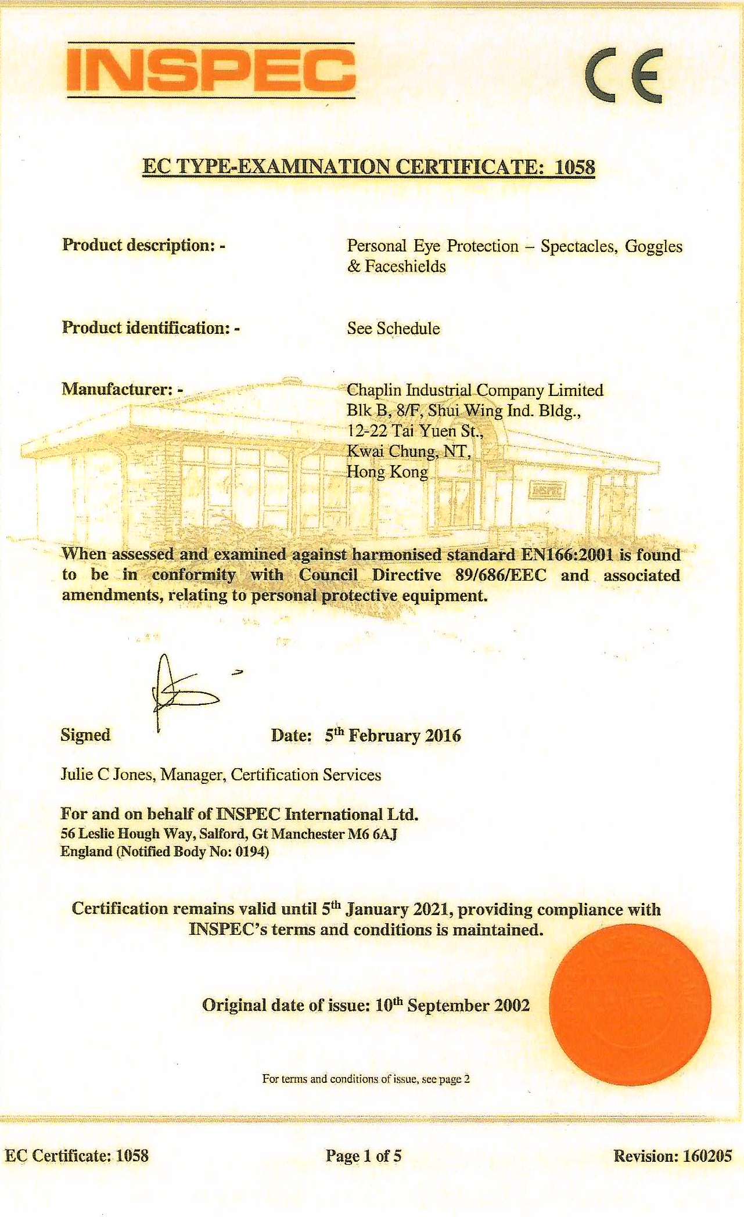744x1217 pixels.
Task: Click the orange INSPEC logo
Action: tap(211, 70)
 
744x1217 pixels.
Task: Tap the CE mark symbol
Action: tap(624, 75)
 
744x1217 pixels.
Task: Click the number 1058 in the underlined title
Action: tap(574, 167)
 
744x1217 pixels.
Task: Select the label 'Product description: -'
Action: tap(143, 245)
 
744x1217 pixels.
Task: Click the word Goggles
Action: tap(653, 246)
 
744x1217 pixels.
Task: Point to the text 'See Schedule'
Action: tap(393, 328)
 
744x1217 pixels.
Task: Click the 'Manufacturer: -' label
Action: tap(122, 388)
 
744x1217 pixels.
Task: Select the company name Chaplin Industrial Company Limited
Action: tap(475, 390)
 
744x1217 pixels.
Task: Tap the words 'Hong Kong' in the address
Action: tap(387, 471)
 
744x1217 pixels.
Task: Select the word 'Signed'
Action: tap(85, 735)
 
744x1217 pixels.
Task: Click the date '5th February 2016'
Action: tap(393, 736)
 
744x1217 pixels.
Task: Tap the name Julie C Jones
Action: tap(107, 775)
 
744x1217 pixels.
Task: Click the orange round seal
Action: tap(630, 1005)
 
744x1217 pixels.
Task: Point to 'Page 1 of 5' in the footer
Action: tap(364, 1155)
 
